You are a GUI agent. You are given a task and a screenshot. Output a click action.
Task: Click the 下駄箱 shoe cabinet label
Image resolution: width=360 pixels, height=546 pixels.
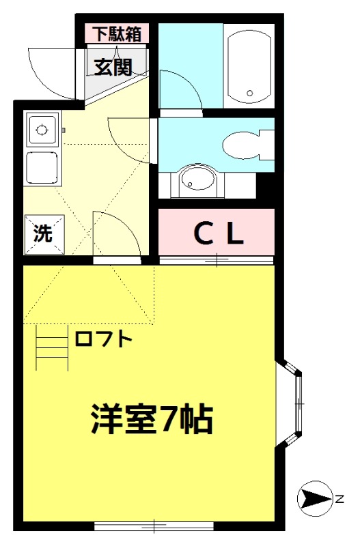(118, 34)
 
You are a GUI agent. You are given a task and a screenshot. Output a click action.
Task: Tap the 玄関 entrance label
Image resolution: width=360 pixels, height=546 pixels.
(113, 67)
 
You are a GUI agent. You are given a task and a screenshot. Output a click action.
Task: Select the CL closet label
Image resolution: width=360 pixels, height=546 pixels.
(219, 234)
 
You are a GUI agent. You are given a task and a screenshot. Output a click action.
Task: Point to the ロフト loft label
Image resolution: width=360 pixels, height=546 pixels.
(103, 339)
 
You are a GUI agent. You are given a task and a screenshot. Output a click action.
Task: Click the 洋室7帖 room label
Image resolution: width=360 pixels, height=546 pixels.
(152, 418)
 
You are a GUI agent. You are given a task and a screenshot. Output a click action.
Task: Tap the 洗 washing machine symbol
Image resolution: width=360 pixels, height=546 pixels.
(44, 234)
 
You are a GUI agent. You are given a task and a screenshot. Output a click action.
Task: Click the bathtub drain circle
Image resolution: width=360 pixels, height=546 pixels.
(249, 93)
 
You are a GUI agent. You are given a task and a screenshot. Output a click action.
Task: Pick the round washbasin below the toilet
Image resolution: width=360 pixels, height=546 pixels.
(197, 180)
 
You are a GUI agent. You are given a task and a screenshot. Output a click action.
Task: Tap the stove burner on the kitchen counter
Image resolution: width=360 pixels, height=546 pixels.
(42, 130)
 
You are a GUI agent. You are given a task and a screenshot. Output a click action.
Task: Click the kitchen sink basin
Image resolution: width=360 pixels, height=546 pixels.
(42, 168)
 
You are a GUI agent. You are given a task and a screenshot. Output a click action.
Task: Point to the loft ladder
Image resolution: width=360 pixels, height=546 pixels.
(53, 347)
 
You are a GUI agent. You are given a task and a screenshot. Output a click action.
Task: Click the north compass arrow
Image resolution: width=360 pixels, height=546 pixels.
(316, 500)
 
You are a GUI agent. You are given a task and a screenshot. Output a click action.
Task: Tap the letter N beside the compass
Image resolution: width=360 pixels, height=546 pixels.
(340, 499)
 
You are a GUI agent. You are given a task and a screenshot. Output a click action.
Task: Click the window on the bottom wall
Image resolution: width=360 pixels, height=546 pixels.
(154, 526)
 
